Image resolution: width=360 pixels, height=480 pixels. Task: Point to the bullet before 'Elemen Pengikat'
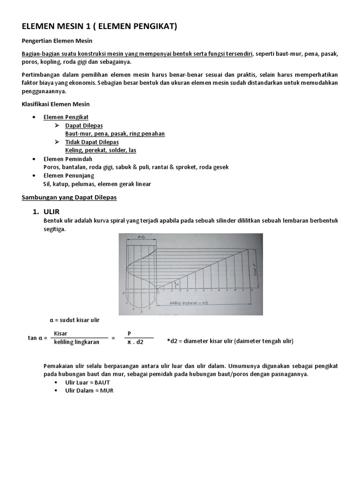33,117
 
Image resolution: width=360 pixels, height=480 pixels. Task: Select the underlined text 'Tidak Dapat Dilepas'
92,142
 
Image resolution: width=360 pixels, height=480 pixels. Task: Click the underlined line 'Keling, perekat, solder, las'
101,150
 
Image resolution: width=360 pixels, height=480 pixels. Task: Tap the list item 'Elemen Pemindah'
67,159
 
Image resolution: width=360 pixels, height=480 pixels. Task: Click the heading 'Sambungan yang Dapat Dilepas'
69,197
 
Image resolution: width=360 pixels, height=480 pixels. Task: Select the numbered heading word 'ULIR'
52,212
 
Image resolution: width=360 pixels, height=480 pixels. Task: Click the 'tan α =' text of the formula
37,338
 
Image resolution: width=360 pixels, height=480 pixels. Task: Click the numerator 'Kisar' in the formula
61,333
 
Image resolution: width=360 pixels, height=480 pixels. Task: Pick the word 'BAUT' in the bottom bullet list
101,382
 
